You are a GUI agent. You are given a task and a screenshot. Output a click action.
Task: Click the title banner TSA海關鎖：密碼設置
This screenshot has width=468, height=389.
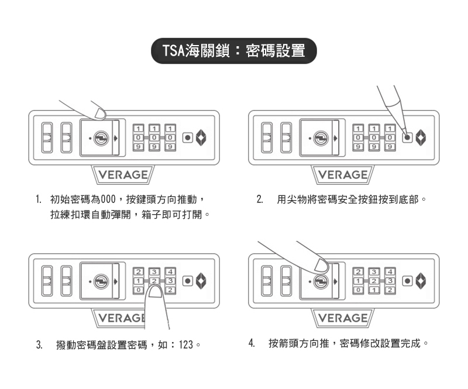pyautogui.click(x=233, y=51)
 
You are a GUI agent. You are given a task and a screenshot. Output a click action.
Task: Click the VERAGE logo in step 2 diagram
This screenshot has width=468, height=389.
pyautogui.click(x=343, y=175)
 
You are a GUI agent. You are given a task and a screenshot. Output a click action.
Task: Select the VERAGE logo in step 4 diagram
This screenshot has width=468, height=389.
pyautogui.click(x=343, y=318)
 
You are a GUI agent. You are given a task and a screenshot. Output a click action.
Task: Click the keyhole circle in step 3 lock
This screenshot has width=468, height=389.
pyautogui.click(x=101, y=281)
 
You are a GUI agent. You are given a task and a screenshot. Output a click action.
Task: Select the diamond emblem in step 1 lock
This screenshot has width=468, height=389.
pyautogui.click(x=201, y=139)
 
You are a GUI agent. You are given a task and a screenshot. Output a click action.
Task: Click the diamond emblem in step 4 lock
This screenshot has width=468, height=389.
pyautogui.click(x=420, y=281)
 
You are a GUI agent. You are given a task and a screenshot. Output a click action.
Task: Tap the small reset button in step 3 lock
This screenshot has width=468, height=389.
pyautogui.click(x=187, y=281)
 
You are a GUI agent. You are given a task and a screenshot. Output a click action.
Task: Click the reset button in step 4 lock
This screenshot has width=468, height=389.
pyautogui.click(x=407, y=281)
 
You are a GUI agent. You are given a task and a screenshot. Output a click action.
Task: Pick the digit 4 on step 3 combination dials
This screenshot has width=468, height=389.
pyautogui.click(x=170, y=271)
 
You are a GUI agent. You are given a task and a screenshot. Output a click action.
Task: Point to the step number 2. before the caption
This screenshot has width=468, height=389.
pyautogui.click(x=259, y=200)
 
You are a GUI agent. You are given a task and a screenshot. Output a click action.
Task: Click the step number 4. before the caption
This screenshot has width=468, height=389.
pyautogui.click(x=251, y=343)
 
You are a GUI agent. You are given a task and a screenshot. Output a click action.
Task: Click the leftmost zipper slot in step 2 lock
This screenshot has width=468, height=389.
pyautogui.click(x=267, y=138)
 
